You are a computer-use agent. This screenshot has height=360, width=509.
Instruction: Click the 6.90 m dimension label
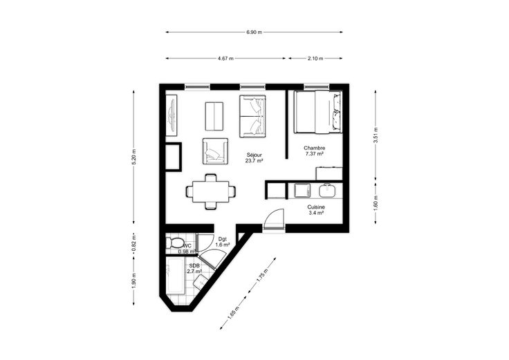[254, 32]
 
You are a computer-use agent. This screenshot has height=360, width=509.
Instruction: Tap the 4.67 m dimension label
[225, 58]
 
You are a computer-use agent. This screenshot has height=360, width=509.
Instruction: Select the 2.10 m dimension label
[315, 58]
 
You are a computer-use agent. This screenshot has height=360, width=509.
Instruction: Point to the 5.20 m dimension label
[133, 157]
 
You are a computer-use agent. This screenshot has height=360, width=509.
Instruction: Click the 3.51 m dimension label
[376, 135]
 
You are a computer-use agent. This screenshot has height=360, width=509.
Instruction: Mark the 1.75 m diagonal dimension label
[262, 276]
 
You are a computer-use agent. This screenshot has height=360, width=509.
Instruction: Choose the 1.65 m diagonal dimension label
[233, 312]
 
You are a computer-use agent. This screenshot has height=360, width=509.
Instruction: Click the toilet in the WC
[175, 243]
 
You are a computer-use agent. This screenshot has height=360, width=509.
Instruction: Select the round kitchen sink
[328, 191]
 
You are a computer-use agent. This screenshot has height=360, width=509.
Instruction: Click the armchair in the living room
[215, 151]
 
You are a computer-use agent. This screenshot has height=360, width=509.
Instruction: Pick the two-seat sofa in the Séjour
[252, 116]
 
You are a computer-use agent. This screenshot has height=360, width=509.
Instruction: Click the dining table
[211, 191]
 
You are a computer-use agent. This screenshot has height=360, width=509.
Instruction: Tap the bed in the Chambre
[318, 112]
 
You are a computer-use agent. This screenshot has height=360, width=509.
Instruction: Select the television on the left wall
[172, 115]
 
